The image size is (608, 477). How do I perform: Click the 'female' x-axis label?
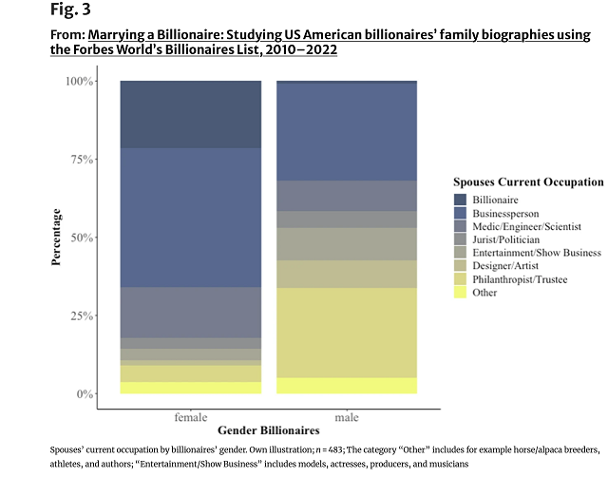[x=191, y=417]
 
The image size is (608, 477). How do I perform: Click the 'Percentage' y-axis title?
[x=57, y=238]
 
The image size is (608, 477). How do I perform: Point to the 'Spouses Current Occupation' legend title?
[x=528, y=181]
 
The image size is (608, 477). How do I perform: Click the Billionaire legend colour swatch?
[x=461, y=200]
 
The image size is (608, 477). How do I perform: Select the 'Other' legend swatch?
[x=461, y=293]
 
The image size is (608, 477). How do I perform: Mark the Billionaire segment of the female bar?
[x=191, y=114]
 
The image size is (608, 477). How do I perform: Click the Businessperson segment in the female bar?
[x=191, y=218]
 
